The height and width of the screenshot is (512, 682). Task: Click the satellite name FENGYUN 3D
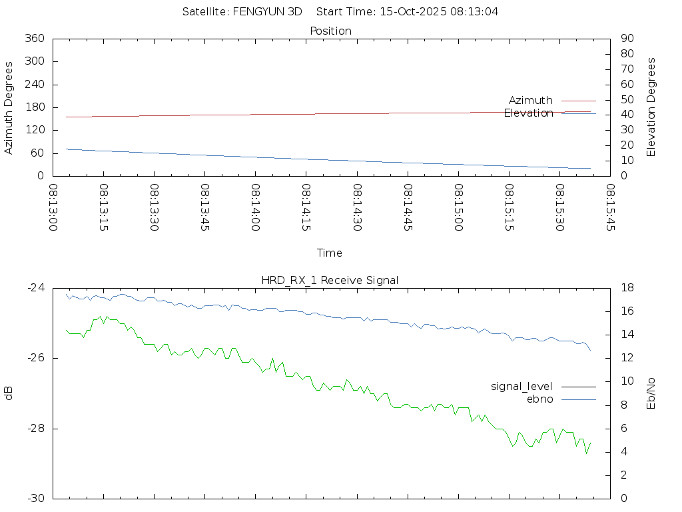[x=266, y=11]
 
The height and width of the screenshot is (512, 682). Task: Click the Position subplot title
[x=331, y=31]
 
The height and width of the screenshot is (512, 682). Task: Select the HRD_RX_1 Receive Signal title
[x=330, y=280]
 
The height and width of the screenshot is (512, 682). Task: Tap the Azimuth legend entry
[x=531, y=100]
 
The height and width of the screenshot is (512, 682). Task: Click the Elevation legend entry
[x=528, y=113]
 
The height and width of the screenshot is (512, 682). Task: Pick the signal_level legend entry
[x=521, y=386]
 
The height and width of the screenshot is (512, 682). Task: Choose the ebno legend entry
[x=539, y=399]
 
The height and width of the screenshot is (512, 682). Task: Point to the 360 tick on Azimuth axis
[x=34, y=39]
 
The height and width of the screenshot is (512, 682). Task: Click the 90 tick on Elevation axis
[x=626, y=39]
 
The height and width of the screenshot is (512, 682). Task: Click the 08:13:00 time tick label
[x=53, y=207]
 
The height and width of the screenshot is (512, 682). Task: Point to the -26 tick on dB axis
[x=35, y=358]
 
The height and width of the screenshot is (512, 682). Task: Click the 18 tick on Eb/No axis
[x=627, y=288]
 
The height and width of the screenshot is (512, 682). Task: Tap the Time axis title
[x=330, y=253]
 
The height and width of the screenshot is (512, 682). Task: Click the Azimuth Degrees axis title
[x=9, y=107]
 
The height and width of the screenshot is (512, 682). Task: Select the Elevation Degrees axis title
[x=651, y=107]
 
